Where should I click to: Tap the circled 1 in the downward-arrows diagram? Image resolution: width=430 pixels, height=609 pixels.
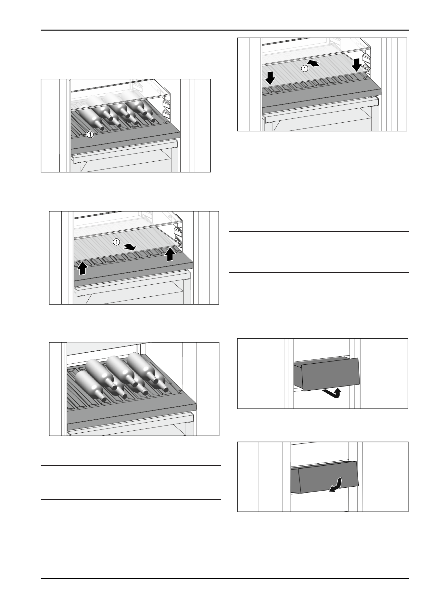tap(304, 68)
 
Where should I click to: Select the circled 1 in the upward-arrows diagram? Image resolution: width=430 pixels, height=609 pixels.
tap(117, 242)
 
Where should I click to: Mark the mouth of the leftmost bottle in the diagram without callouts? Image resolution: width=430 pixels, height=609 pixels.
tap(104, 399)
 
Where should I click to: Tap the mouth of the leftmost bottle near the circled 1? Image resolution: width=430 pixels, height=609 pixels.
tap(102, 128)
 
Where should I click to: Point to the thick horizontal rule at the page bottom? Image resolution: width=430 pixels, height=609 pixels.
tap(225, 578)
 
